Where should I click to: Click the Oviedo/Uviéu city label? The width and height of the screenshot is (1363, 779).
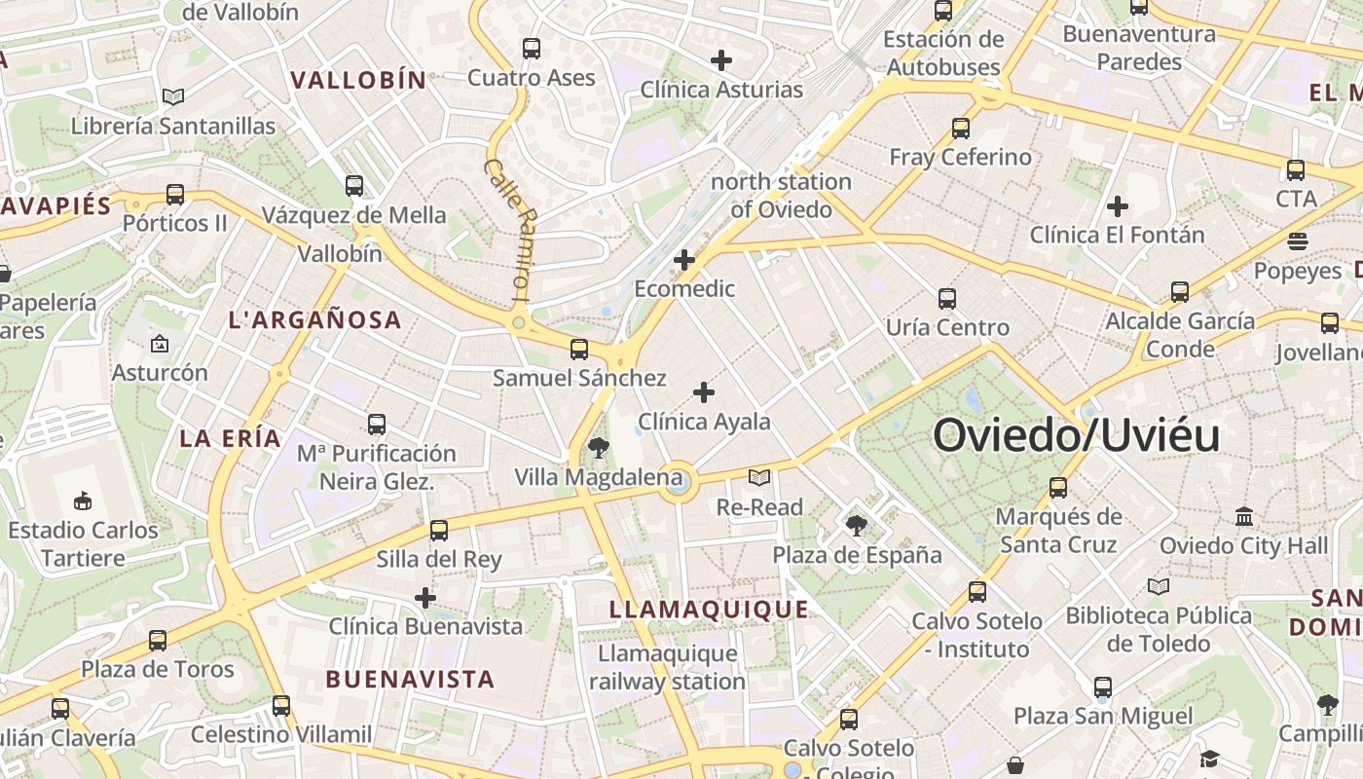[1076, 435]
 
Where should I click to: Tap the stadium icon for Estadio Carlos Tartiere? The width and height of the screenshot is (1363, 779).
[83, 501]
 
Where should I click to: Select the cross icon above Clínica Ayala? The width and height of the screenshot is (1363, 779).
[703, 393]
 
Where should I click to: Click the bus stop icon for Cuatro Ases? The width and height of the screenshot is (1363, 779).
[531, 49]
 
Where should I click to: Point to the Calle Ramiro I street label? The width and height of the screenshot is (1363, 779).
[509, 229]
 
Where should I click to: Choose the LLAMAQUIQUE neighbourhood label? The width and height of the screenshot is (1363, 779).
[709, 610]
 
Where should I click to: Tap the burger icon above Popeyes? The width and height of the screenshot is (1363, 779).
[1297, 241]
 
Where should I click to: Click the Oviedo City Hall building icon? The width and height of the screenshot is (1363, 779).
[1243, 517]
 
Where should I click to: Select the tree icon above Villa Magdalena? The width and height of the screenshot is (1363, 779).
[598, 448]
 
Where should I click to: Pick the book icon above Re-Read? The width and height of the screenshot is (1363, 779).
[758, 478]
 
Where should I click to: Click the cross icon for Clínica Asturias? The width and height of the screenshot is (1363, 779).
[720, 60]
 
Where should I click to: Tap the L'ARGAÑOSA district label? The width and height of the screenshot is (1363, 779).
[314, 319]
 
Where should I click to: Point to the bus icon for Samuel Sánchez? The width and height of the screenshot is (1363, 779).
[579, 349]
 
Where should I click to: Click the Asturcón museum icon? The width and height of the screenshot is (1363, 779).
[160, 344]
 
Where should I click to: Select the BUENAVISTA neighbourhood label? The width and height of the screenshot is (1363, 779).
[410, 679]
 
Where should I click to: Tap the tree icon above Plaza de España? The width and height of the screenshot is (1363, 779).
[857, 526]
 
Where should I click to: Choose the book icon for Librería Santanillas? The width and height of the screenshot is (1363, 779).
[173, 97]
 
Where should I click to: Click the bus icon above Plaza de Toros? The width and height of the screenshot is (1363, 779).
[158, 641]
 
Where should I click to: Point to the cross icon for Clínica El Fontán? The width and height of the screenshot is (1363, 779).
[1117, 206]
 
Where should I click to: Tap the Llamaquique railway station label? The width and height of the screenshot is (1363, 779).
[667, 667]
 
